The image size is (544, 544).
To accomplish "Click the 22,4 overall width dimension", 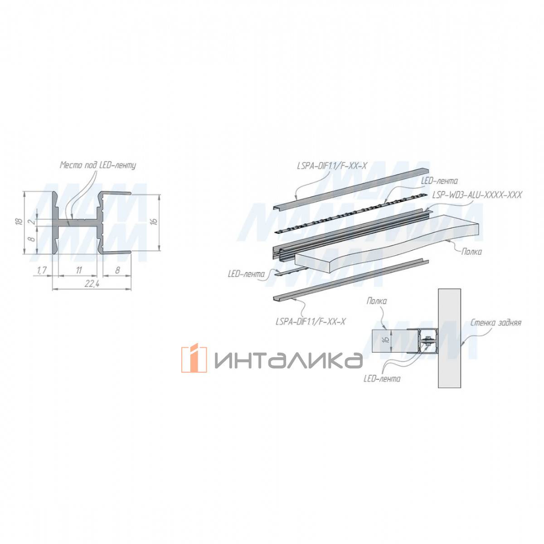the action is (92, 284).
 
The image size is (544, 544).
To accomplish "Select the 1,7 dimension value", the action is (42, 271).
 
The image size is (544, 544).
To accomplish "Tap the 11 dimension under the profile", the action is (79, 270).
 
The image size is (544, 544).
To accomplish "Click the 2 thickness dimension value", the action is (33, 221).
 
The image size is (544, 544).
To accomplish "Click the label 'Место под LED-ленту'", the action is (97, 165).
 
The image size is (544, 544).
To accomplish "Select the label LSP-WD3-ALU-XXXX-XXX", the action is (477, 195).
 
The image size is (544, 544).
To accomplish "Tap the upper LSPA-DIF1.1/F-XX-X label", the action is (332, 166).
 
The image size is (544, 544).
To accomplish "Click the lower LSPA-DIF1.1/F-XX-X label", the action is (311, 321).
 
